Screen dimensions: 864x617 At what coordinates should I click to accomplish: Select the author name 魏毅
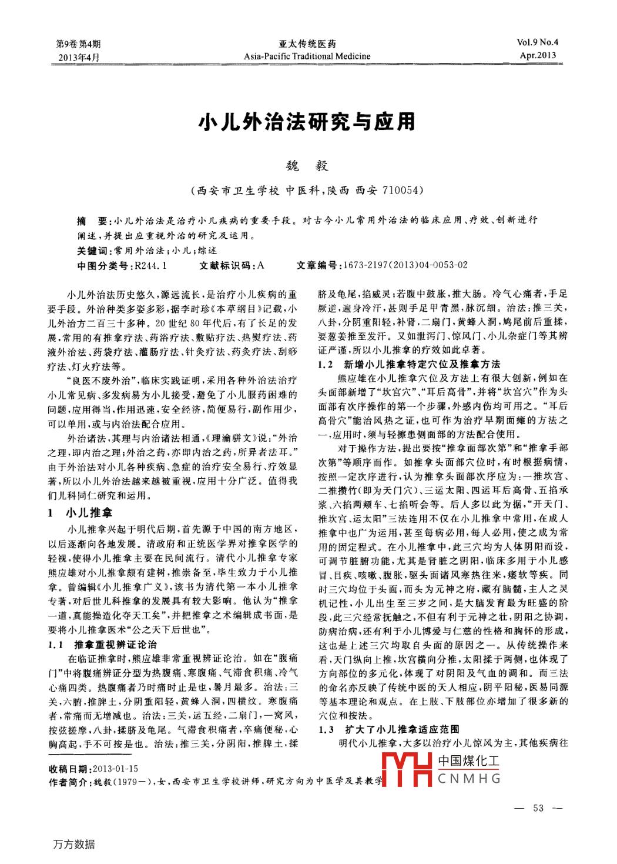coord(307,166)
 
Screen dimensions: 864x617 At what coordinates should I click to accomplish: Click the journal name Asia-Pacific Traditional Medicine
coord(307,56)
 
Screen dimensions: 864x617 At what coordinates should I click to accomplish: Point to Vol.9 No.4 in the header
coord(537,42)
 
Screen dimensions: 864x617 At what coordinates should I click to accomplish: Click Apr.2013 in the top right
coord(538,55)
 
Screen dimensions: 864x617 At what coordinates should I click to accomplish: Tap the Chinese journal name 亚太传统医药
coord(307,44)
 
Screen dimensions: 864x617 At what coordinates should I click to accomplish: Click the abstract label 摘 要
coord(92,221)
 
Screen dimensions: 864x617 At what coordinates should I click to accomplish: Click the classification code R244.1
coord(151,265)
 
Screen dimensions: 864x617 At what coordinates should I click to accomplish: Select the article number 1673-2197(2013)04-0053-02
coord(405,265)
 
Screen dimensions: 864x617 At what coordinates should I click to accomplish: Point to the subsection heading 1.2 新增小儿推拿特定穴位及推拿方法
coord(410,364)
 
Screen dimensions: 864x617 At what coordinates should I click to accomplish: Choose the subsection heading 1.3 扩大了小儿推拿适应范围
coord(390,729)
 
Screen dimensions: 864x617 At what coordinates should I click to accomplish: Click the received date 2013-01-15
coord(116,769)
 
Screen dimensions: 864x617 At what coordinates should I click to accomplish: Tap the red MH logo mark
coord(407,770)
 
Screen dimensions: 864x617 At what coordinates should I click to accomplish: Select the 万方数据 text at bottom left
coord(74,844)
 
